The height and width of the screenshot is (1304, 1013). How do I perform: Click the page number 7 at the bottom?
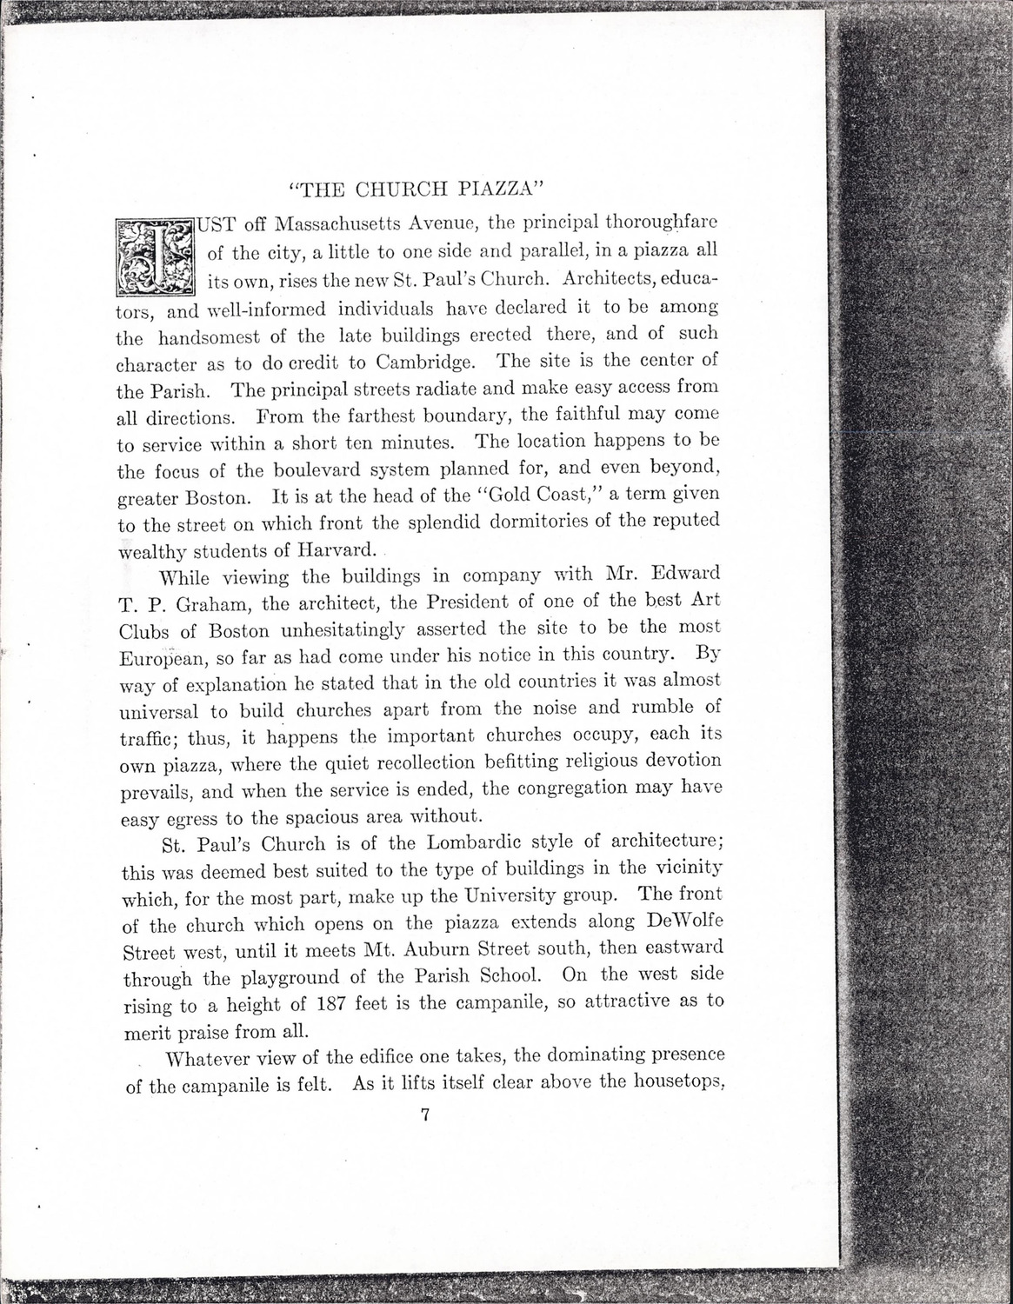(424, 1117)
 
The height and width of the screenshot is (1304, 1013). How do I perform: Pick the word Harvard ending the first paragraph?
(337, 549)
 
